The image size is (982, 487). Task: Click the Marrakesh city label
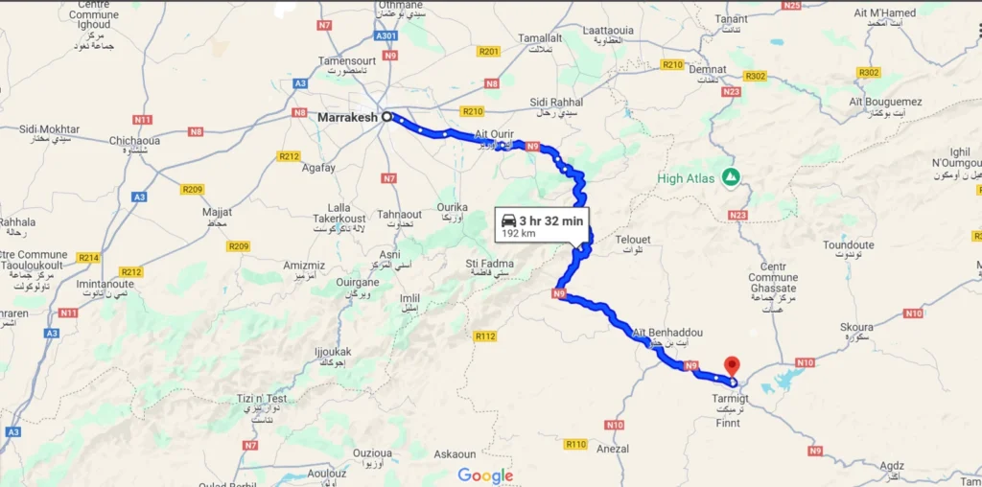coord(347,117)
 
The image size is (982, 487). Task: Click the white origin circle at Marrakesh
coord(388,117)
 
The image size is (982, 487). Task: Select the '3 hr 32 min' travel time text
coord(551,221)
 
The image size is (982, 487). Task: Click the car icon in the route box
coord(509,220)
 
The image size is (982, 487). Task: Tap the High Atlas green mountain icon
coord(731,177)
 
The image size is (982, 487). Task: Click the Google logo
coord(485,475)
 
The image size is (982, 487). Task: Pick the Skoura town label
coord(856,327)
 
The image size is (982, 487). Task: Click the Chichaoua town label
coord(133,141)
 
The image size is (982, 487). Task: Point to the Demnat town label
coord(708,70)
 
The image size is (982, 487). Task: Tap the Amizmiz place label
coord(304,265)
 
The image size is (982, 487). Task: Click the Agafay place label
coord(318,168)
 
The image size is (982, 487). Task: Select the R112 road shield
coord(485,336)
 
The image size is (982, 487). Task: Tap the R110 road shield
coord(576,444)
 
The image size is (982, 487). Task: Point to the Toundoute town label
coord(848,245)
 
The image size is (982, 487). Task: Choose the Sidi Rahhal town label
coord(556,102)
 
